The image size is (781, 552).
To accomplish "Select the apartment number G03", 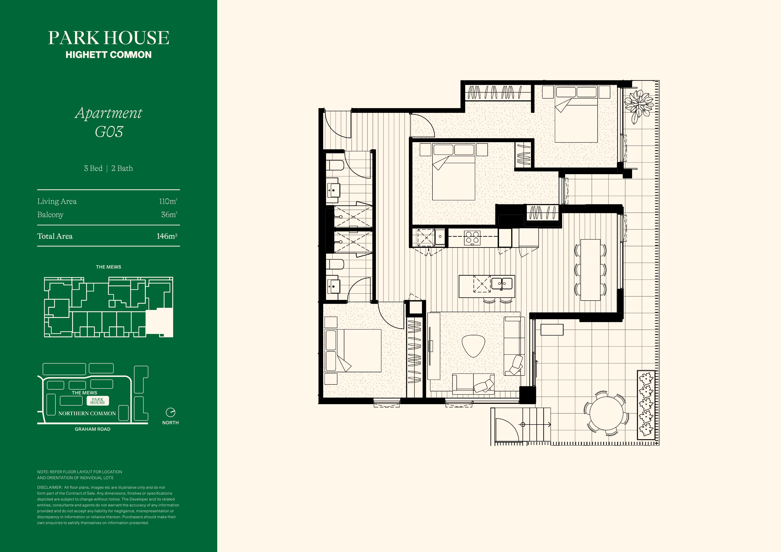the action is point(109,132).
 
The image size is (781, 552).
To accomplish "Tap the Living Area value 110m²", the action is point(168,201).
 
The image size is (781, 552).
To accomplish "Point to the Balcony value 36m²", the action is point(169,215).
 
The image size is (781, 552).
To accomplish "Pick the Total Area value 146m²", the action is point(167,236).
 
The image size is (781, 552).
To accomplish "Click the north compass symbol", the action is point(170,412).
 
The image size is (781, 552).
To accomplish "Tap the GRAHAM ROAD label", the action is point(93,429).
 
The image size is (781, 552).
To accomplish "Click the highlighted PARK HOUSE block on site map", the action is point(98,401).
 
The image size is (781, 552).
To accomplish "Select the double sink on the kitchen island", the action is point(502,283).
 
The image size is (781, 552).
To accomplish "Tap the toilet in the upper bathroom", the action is point(335,166).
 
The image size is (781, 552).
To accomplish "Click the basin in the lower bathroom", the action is point(333,286).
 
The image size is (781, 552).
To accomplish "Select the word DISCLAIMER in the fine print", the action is point(49,487).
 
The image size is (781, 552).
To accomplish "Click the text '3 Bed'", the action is point(93,168).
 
